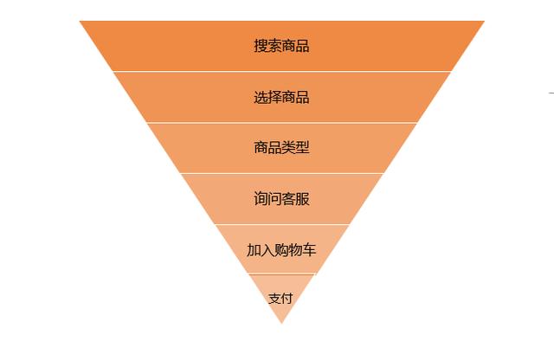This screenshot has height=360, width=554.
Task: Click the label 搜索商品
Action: click(x=281, y=46)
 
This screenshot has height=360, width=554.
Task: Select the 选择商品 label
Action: click(x=281, y=97)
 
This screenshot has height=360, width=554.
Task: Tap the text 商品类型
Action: click(x=281, y=147)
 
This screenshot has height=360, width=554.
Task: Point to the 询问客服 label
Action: click(x=281, y=198)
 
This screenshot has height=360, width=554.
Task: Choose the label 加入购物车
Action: click(x=281, y=250)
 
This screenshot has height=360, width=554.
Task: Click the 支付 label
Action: click(x=280, y=299)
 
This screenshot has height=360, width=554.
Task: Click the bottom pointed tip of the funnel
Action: click(x=281, y=324)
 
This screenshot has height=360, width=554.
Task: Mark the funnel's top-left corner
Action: click(x=80, y=21)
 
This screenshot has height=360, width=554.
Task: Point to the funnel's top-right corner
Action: click(x=485, y=21)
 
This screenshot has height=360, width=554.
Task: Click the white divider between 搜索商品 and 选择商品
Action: click(x=281, y=71)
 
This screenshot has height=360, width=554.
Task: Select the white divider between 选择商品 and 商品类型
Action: click(x=281, y=123)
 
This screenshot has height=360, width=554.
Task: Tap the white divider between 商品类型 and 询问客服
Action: click(x=281, y=173)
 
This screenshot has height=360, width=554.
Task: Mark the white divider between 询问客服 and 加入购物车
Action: click(x=281, y=224)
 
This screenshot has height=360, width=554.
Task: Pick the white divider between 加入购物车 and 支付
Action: click(x=281, y=273)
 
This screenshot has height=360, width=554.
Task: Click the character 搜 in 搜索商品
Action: click(x=261, y=46)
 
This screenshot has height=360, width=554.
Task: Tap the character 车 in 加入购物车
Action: click(x=309, y=250)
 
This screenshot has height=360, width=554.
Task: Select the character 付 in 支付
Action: click(x=287, y=299)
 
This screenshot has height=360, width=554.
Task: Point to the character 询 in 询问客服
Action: click(x=261, y=198)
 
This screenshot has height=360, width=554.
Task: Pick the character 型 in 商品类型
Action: click(x=302, y=147)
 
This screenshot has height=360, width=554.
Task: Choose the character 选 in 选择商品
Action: click(x=261, y=97)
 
